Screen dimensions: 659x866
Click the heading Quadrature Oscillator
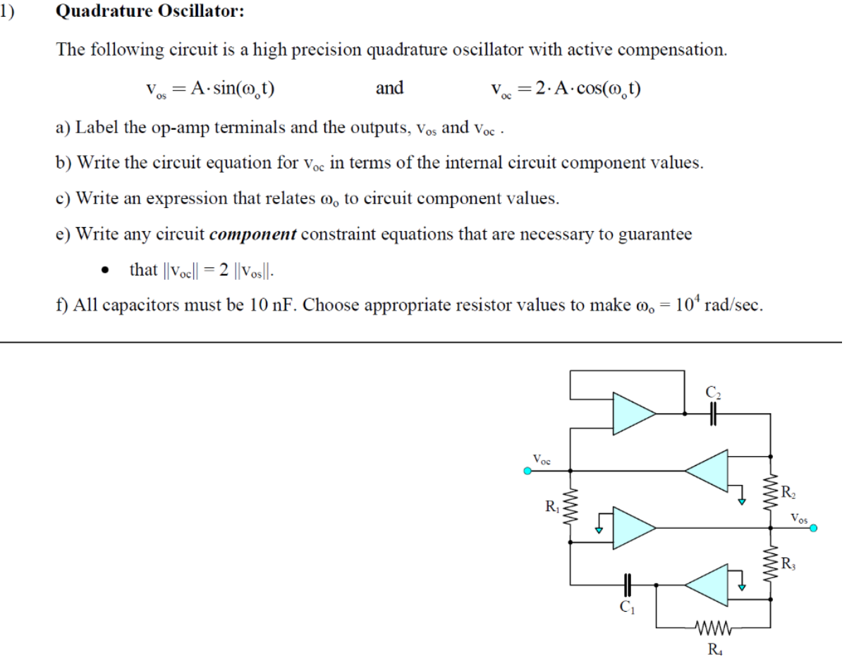pos(150,13)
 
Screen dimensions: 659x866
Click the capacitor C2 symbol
pos(712,416)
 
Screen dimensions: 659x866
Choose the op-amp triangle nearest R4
pos(707,582)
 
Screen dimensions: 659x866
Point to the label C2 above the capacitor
pos(712,392)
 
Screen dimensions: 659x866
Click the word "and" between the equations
pos(389,88)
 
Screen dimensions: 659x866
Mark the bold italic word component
pos(253,235)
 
